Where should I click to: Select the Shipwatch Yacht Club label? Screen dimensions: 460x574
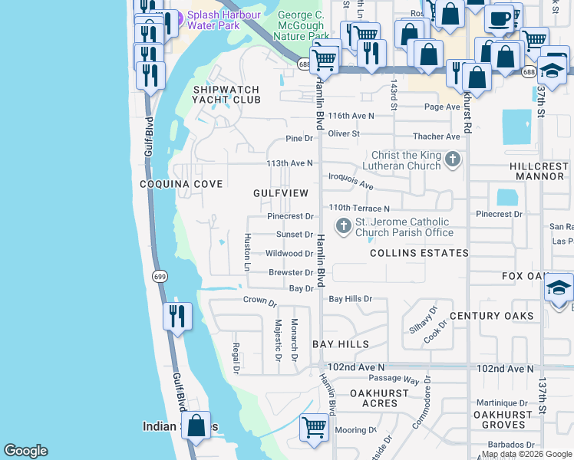point(226,94)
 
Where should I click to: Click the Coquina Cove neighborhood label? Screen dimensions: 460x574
point(181,184)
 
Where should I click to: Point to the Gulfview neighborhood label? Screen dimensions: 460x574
point(281,193)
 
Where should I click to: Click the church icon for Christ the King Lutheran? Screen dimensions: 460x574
point(454,160)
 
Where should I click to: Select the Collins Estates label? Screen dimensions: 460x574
point(419,253)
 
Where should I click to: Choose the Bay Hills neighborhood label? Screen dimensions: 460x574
point(341,345)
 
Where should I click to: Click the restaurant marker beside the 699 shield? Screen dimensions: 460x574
point(177,316)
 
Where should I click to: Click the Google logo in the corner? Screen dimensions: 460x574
point(25,451)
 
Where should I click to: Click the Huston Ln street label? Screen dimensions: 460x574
point(247,252)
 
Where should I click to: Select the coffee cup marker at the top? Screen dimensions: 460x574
point(499,18)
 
